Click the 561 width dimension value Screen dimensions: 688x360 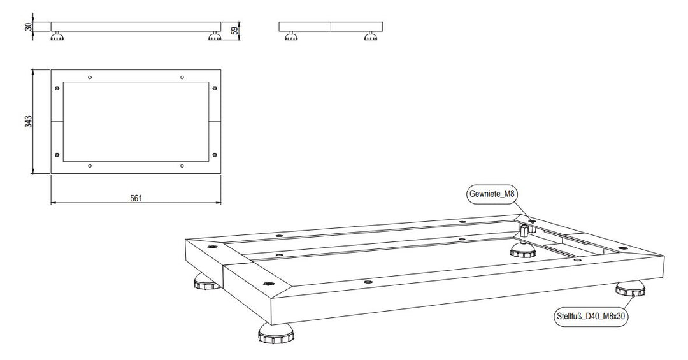pos(136,198)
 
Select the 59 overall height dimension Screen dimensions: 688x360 pos(234,31)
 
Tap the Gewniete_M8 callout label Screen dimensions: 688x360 pos(491,194)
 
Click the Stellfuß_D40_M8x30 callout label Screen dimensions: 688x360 pos(591,316)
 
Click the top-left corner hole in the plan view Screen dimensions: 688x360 pos(57,89)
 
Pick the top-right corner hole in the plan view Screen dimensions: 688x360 pos(215,89)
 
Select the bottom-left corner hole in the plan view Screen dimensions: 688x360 pos(57,155)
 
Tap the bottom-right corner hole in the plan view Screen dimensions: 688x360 pos(215,155)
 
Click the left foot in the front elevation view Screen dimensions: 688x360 pos(58,36)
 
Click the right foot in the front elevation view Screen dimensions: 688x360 pos(215,36)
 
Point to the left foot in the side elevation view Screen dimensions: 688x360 pos(290,36)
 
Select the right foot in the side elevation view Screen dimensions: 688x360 pos(370,36)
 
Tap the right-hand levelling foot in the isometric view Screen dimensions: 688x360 pos(631,289)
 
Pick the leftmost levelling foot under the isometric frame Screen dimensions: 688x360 pos(206,282)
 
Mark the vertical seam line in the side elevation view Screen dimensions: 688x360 pos(331,27)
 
